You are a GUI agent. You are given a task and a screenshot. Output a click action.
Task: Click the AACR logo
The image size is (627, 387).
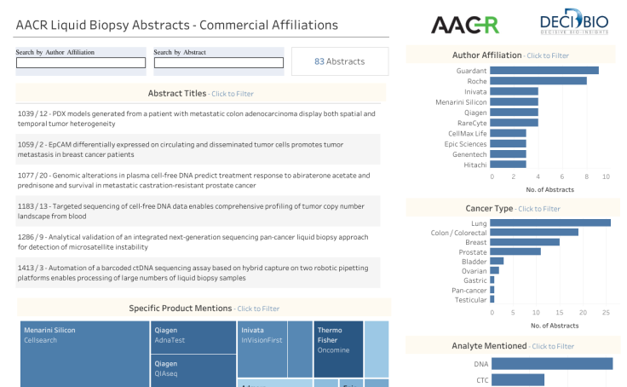click(x=464, y=25)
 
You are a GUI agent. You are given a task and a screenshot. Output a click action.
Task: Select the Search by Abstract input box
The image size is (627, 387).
click(x=218, y=62)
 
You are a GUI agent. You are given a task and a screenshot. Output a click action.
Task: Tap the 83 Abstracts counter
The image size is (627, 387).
click(x=339, y=61)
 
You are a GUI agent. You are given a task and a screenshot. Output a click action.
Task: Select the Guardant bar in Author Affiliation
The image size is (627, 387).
click(x=545, y=70)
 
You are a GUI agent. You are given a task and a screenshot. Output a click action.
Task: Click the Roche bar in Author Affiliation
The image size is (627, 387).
click(x=539, y=80)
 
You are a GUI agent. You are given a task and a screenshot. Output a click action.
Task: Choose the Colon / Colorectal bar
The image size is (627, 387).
click(x=535, y=232)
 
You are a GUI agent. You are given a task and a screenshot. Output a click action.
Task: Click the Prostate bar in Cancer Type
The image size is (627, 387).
click(x=516, y=251)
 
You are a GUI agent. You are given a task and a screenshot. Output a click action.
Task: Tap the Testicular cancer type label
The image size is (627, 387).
click(x=471, y=299)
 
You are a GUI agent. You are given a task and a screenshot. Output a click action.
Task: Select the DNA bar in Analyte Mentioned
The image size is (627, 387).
click(x=552, y=364)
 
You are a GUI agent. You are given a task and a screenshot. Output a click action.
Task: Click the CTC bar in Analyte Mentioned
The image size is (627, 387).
click(x=518, y=379)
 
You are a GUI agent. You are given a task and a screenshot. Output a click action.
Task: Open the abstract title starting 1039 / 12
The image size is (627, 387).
click(x=196, y=118)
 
